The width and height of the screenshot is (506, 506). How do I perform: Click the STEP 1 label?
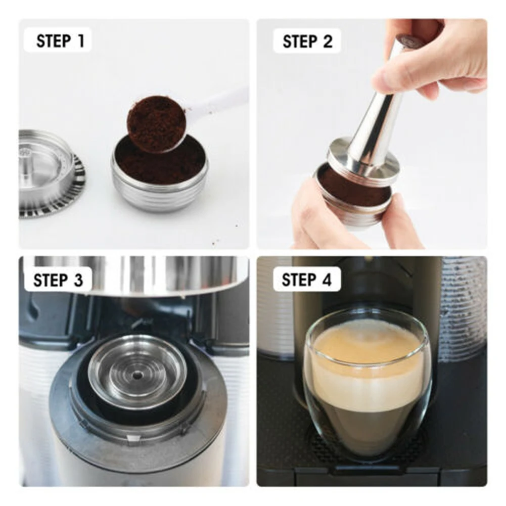60,41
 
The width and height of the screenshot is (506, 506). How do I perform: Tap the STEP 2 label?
307,41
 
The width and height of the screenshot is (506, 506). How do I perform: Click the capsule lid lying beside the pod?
45,172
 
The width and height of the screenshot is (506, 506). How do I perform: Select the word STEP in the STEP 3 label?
50,280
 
